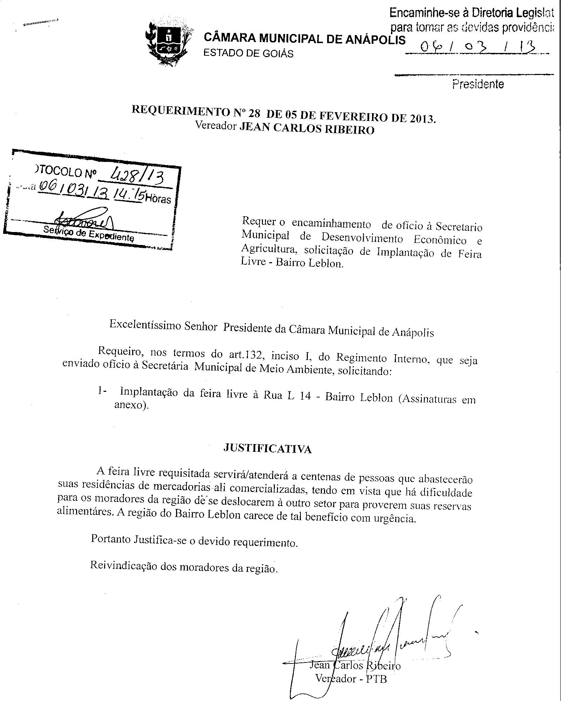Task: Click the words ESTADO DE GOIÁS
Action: (249, 53)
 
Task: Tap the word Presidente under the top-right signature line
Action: (478, 84)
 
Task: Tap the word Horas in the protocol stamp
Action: (158, 199)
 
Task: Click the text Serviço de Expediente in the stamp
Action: (88, 233)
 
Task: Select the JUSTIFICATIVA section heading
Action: (267, 449)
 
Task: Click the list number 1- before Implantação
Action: (102, 392)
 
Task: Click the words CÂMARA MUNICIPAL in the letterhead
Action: (264, 38)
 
